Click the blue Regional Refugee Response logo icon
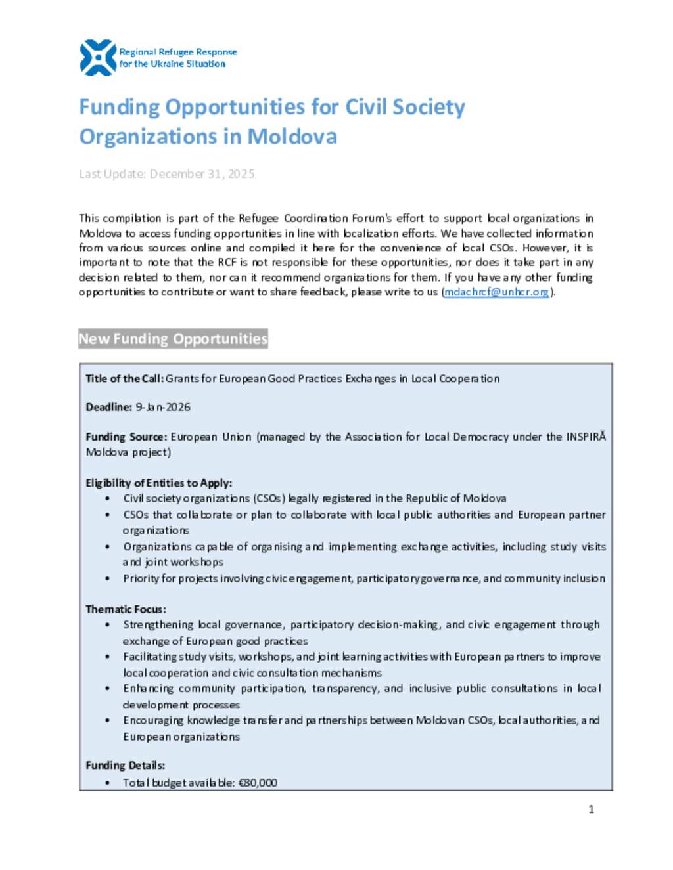coord(97,57)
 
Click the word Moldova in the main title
coord(292,137)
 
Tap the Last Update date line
coord(166,174)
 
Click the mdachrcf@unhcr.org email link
coord(496,292)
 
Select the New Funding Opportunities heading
coord(173,339)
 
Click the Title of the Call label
coord(124,379)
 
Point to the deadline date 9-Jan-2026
coord(163,407)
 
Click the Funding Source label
coord(126,437)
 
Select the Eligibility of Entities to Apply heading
coord(158,483)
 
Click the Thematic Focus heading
coord(126,609)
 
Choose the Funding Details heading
coord(125,766)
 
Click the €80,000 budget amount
coord(258,783)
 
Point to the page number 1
coord(591,809)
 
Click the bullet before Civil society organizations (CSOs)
coord(108,499)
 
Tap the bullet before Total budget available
coord(108,783)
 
